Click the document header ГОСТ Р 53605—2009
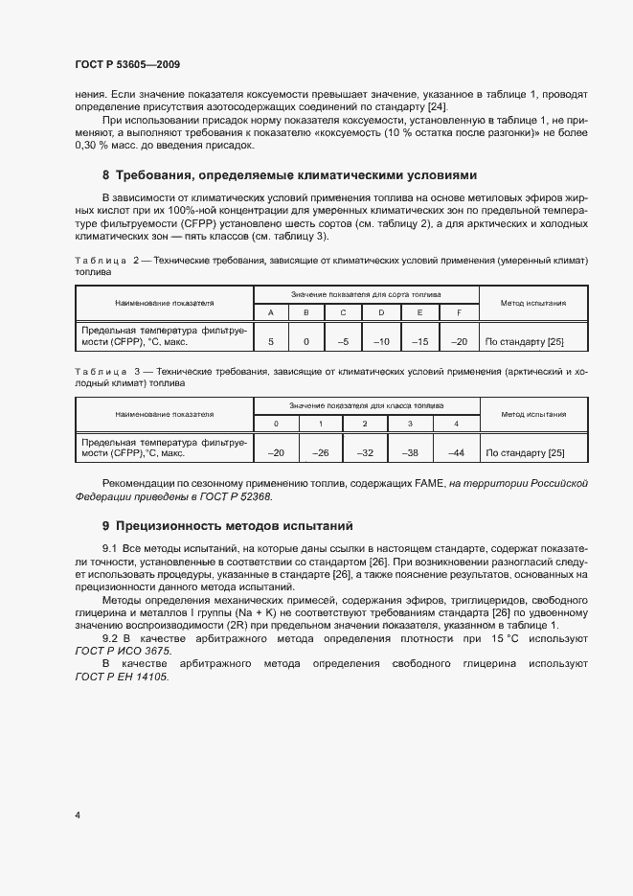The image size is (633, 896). coord(126,64)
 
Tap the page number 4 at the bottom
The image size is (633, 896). coord(77,816)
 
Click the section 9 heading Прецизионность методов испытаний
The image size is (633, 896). coord(228,526)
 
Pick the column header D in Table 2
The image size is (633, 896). coord(381,312)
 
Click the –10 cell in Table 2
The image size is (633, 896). coord(381,340)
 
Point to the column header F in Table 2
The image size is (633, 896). coord(459,312)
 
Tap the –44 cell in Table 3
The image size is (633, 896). coord(456,452)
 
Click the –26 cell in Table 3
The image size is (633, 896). coord(321,452)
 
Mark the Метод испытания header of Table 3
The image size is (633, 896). coord(532,414)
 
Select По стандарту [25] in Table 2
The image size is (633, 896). coord(525,341)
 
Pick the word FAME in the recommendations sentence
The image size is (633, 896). coord(428,485)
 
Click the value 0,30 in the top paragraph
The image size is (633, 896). coord(89,146)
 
